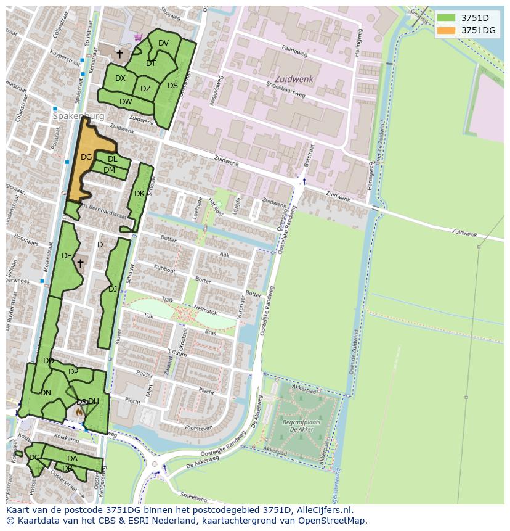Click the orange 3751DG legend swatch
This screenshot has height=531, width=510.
(447, 30)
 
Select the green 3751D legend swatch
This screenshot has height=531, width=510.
(447, 17)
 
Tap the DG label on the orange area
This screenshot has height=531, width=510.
(86, 157)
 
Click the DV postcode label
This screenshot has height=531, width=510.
(163, 43)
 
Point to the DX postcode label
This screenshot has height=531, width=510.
(120, 78)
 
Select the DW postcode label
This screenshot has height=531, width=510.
(126, 102)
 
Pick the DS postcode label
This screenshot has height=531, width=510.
(172, 86)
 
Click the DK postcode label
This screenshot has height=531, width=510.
(139, 194)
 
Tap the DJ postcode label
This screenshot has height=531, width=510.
(113, 289)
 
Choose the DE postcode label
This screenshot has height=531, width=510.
(67, 256)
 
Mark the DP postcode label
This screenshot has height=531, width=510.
(73, 372)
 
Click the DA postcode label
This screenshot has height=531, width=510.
(72, 459)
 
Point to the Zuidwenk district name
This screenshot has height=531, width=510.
(294, 80)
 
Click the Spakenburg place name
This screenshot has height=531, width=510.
(78, 116)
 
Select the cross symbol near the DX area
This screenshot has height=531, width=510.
(119, 54)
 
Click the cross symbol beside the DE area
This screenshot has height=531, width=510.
(80, 263)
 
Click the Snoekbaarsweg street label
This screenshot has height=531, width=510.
(286, 90)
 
